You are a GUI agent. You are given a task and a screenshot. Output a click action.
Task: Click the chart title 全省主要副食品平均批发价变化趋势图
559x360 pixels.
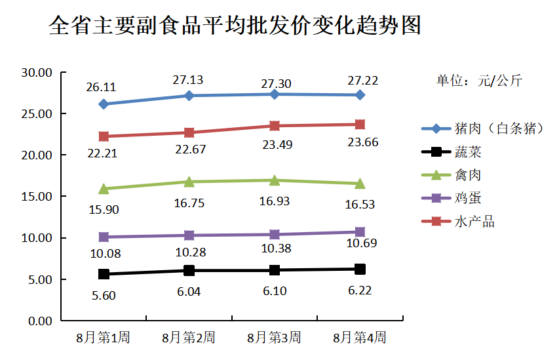click(235, 26)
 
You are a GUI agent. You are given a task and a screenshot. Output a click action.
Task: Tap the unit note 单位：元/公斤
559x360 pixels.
click(480, 81)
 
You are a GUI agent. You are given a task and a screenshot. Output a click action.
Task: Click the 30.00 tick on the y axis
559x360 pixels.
click(37, 73)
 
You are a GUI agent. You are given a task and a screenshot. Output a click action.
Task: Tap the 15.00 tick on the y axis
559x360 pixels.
click(37, 197)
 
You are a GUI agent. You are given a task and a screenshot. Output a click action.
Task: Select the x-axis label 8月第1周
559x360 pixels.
click(103, 338)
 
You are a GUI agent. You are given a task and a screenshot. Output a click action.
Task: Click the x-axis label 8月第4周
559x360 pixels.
click(359, 338)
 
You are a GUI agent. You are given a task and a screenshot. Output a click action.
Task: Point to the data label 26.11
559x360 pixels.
click(101, 87)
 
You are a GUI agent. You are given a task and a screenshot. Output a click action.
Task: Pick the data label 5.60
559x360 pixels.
click(104, 295)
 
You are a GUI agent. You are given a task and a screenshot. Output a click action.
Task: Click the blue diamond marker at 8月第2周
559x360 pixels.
click(189, 96)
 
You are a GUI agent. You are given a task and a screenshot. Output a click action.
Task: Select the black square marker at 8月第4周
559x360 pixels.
click(360, 269)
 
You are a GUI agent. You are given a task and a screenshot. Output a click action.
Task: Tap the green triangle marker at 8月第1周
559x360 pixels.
click(104, 189)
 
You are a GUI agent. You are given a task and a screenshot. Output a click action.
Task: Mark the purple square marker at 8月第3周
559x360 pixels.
click(275, 234)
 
